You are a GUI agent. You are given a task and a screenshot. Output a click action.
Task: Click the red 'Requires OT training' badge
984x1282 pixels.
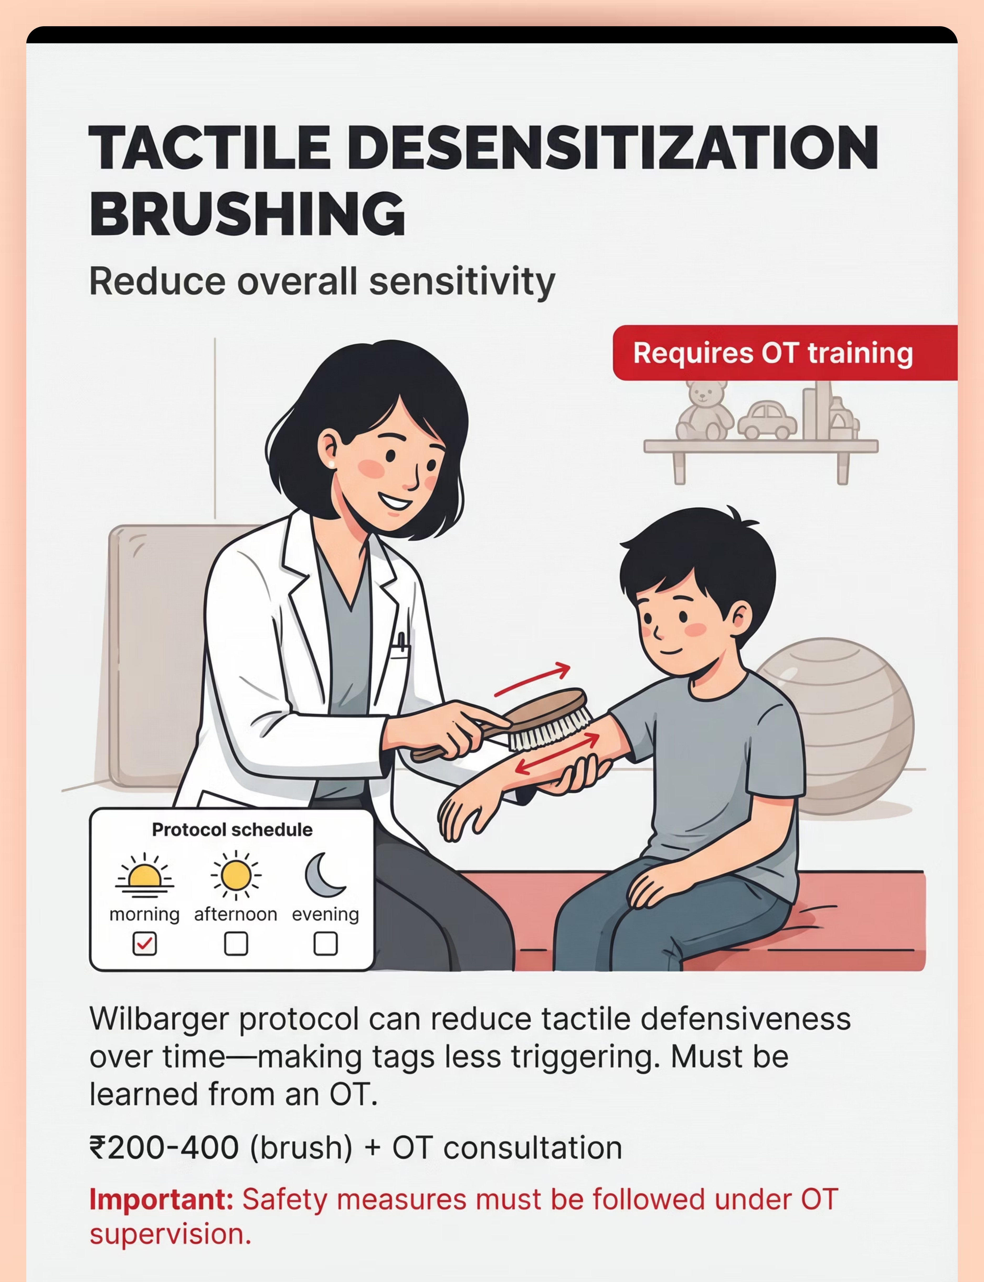[785, 353]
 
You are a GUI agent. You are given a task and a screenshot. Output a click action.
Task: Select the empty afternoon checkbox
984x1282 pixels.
[236, 944]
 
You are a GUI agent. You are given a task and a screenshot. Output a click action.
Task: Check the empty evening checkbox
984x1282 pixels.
[326, 944]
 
